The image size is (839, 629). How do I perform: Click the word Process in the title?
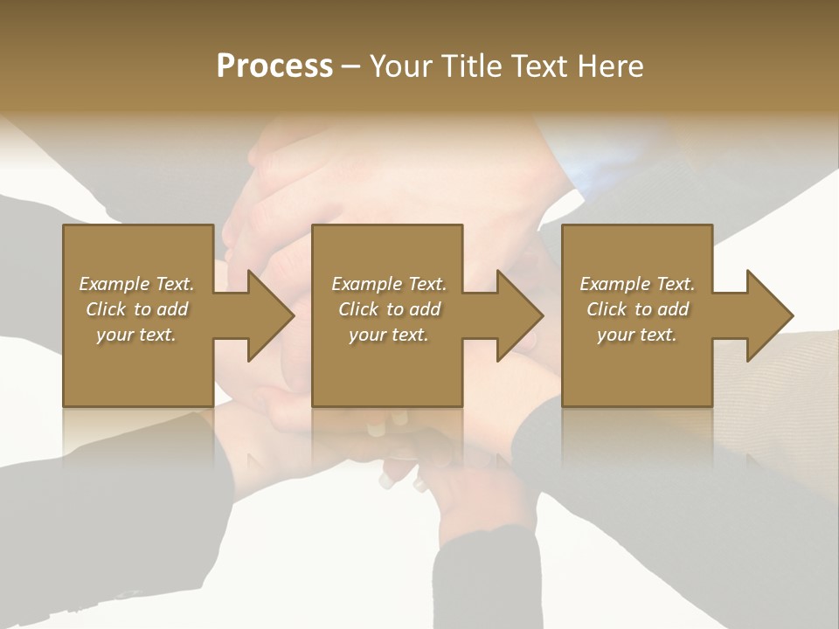pos(274,66)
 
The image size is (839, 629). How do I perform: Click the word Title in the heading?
pos(469,66)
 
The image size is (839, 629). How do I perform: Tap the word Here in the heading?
pos(611,66)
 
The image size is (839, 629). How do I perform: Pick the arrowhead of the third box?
pos(768,315)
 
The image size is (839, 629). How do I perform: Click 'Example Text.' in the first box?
pos(136,284)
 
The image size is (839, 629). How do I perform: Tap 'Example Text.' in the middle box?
pos(389,284)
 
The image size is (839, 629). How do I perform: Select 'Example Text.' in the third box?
pos(637,284)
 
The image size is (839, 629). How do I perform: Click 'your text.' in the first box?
pos(136,335)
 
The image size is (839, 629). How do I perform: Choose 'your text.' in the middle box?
pos(389,335)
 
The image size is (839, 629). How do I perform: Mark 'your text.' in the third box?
pos(637,335)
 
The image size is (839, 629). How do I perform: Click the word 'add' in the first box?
pos(172,309)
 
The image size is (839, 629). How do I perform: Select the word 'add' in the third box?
pos(673,309)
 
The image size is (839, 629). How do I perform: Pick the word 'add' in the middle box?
pos(425,309)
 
